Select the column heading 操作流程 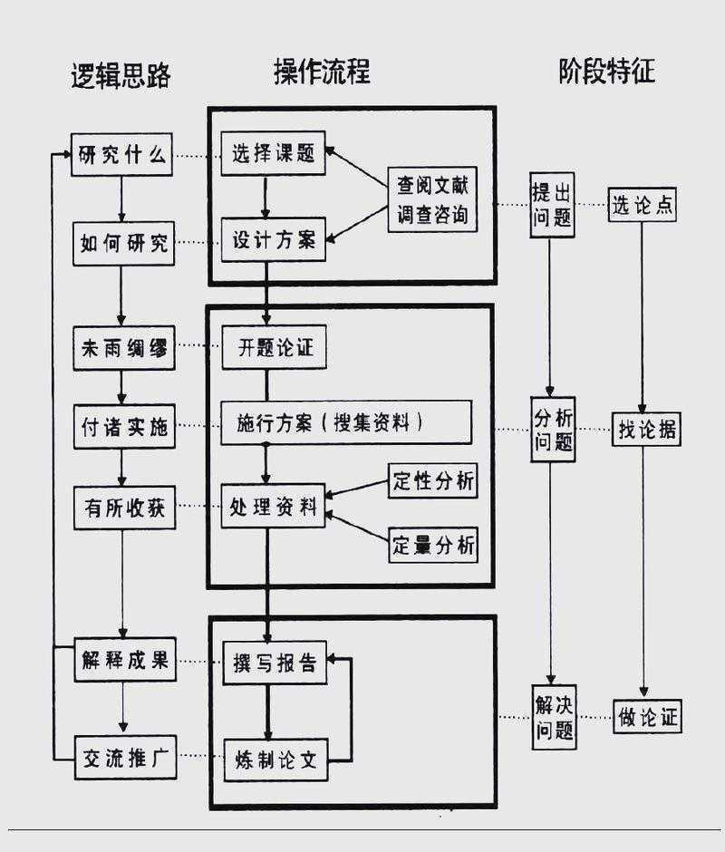[322, 72]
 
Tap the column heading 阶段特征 [606, 71]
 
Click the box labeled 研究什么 [123, 155]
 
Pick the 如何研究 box [123, 243]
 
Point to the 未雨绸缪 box [123, 348]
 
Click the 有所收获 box [123, 508]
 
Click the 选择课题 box [273, 154]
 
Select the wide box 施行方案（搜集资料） [346, 423]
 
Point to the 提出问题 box [552, 205]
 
